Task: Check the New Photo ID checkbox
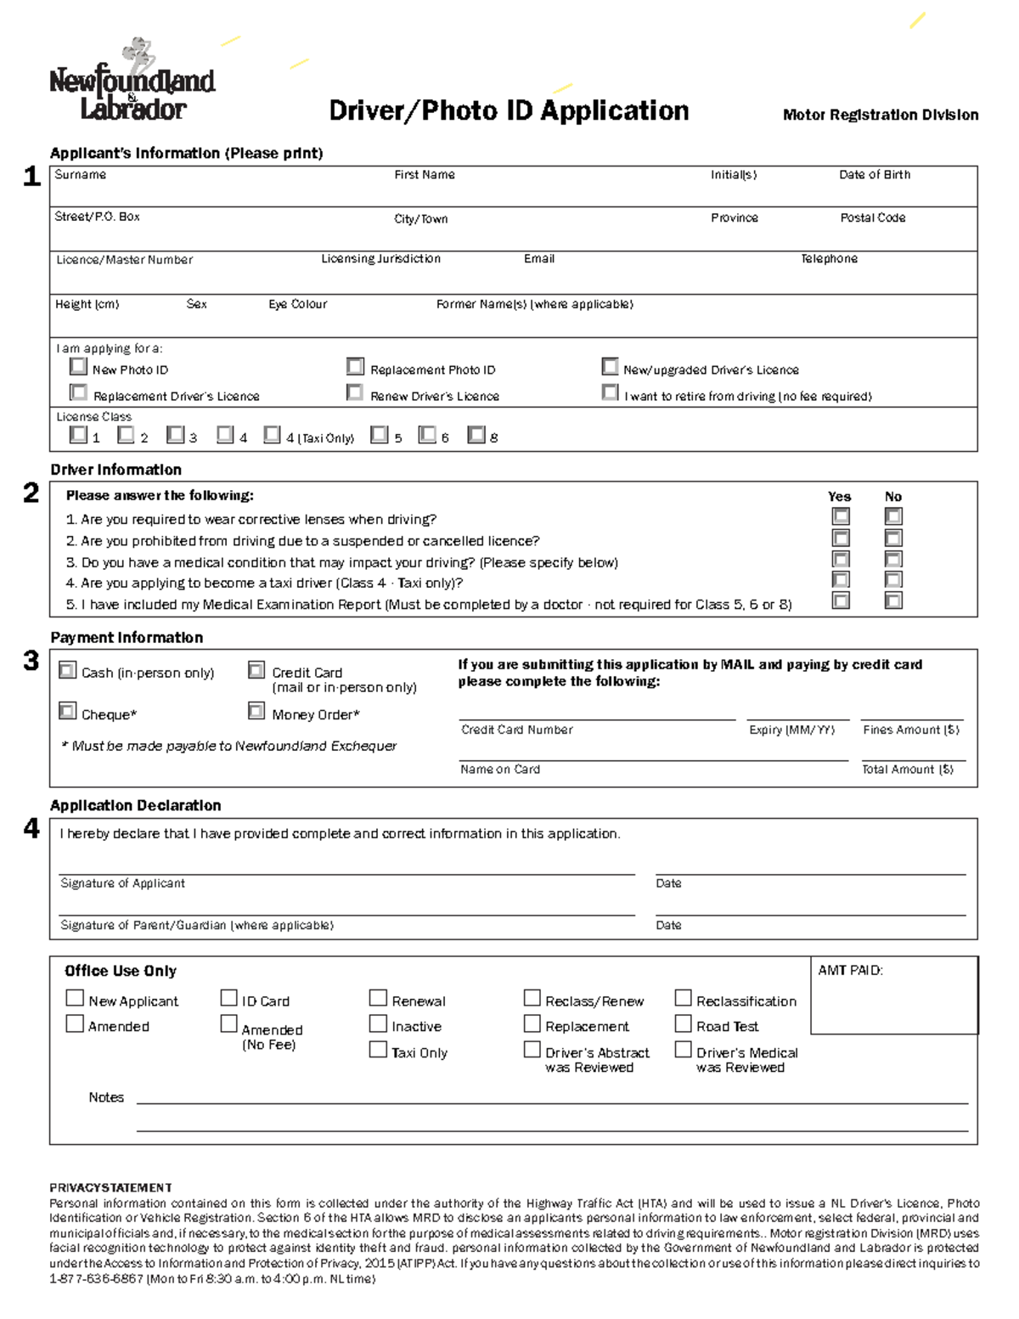[79, 367]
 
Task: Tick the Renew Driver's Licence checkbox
[355, 392]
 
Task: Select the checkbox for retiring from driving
[610, 392]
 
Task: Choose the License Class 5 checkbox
[380, 435]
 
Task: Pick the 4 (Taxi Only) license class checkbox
[272, 435]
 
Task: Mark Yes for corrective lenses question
[841, 516]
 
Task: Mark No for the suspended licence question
[893, 538]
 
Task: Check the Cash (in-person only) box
[68, 670]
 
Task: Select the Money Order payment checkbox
[256, 711]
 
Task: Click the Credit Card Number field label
[516, 730]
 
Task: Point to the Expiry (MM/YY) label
[791, 730]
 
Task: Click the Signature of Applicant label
[122, 883]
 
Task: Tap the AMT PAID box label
[850, 970]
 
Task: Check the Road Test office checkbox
[684, 1024]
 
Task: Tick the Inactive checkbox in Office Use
[378, 1024]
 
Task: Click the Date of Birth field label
[875, 175]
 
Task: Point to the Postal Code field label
[873, 218]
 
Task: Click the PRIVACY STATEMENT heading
[110, 1187]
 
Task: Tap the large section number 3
[31, 661]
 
